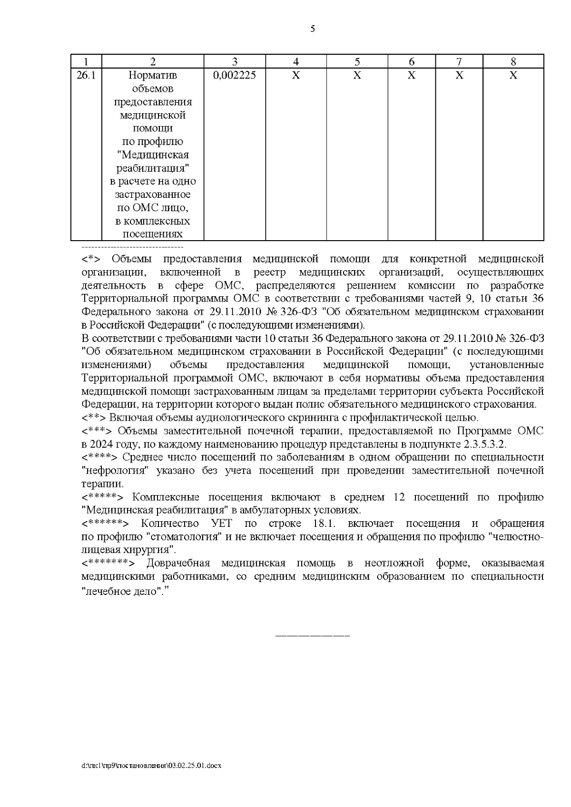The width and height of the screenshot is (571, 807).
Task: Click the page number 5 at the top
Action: coord(312,29)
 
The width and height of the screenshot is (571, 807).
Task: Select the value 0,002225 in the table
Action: coord(235,75)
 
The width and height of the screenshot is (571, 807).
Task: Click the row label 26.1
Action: coord(86,75)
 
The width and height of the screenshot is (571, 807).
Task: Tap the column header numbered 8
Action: coord(513,61)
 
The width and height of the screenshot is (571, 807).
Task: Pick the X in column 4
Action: coord(295,75)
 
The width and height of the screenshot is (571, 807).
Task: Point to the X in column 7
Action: coord(459,75)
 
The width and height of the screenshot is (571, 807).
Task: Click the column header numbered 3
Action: coord(235,61)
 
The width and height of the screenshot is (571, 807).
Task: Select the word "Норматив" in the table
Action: coord(153,75)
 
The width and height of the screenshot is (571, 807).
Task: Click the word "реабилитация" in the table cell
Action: coord(153,168)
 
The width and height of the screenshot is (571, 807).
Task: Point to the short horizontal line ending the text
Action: coord(313,636)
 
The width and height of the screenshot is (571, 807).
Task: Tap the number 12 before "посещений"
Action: coord(399,497)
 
